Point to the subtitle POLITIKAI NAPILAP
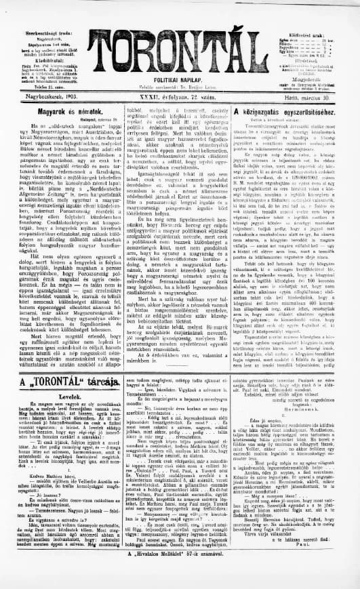click(x=180, y=79)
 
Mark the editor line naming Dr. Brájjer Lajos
click(x=179, y=87)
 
